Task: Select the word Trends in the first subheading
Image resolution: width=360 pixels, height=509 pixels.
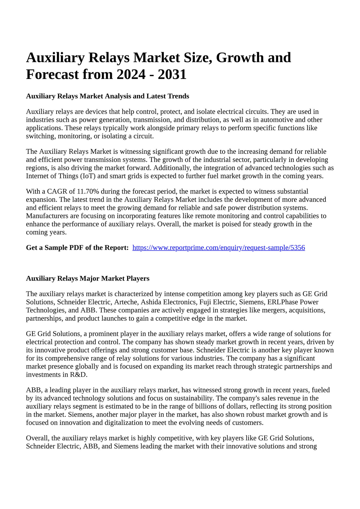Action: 178,96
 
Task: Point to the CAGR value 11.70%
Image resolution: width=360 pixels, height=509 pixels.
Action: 88,192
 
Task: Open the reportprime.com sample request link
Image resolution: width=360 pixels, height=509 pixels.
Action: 219,248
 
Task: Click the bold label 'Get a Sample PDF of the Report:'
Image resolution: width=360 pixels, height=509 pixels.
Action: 77,248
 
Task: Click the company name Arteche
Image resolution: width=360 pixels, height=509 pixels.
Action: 127,302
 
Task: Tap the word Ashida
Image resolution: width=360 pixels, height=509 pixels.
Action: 151,302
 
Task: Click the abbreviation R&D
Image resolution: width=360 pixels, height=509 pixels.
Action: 79,375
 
